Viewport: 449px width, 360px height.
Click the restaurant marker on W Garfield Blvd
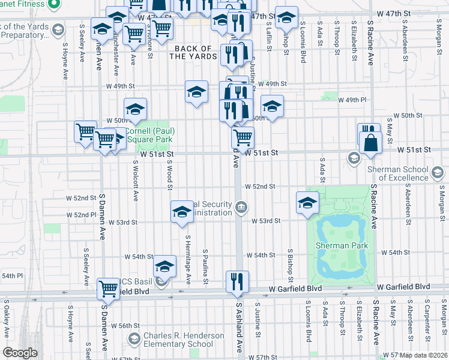237,281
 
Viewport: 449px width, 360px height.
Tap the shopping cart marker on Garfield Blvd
108,289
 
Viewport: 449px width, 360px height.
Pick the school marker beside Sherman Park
307,202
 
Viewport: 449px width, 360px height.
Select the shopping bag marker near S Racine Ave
372,143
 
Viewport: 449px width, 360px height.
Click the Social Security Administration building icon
241,208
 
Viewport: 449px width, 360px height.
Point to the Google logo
20,353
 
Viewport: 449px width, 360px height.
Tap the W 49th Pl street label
351,100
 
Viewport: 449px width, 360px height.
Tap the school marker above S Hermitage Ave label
182,212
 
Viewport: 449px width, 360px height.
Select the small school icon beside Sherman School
354,158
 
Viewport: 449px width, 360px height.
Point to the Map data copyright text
421,355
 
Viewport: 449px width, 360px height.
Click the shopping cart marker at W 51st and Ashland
243,137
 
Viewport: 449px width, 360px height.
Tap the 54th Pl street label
11,275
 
